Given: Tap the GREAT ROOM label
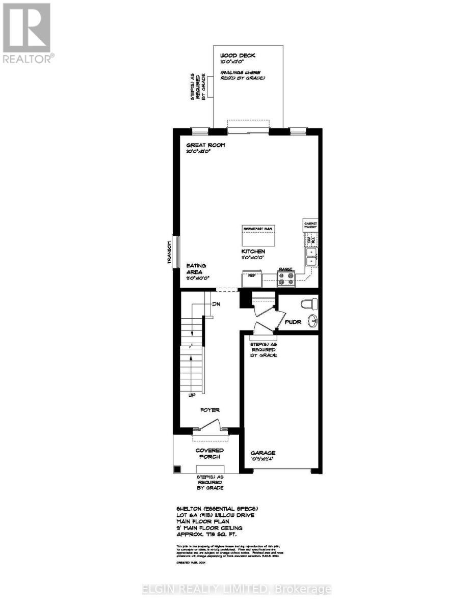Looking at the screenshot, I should click(x=205, y=146).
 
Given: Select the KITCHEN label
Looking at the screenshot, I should click(x=253, y=252).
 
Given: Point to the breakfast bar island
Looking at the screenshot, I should click(x=259, y=235).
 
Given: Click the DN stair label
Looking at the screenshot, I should click(x=216, y=304).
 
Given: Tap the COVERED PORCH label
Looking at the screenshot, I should click(x=209, y=453).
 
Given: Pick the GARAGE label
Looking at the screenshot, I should click(x=263, y=453).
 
